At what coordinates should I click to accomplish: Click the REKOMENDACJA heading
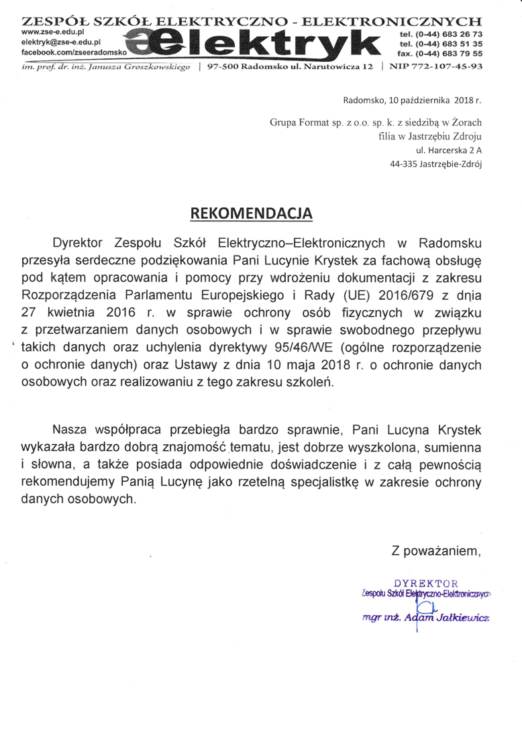pyautogui.click(x=252, y=213)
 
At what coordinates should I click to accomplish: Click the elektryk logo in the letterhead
pyautogui.click(x=260, y=44)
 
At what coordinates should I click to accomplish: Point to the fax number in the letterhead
pyautogui.click(x=439, y=52)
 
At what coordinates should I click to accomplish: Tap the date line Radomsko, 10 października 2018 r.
pyautogui.click(x=412, y=101)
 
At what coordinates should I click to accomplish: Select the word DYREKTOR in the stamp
pyautogui.click(x=425, y=582)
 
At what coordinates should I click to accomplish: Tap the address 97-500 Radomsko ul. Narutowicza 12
pyautogui.click(x=291, y=67)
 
